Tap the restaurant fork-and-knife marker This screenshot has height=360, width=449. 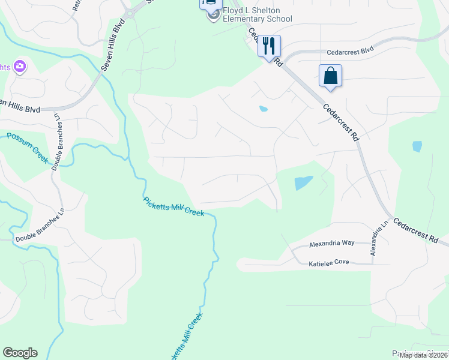click(269, 45)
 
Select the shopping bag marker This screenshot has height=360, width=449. click(330, 76)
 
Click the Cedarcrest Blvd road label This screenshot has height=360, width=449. click(351, 52)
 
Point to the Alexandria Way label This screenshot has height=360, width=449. click(332, 244)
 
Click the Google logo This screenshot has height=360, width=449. click(20, 353)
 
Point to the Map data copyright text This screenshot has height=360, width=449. click(424, 355)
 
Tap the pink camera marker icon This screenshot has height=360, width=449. click(20, 66)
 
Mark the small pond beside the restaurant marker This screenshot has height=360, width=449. click(263, 109)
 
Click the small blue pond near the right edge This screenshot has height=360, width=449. click(417, 146)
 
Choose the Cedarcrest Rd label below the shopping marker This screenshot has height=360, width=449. click(341, 122)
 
